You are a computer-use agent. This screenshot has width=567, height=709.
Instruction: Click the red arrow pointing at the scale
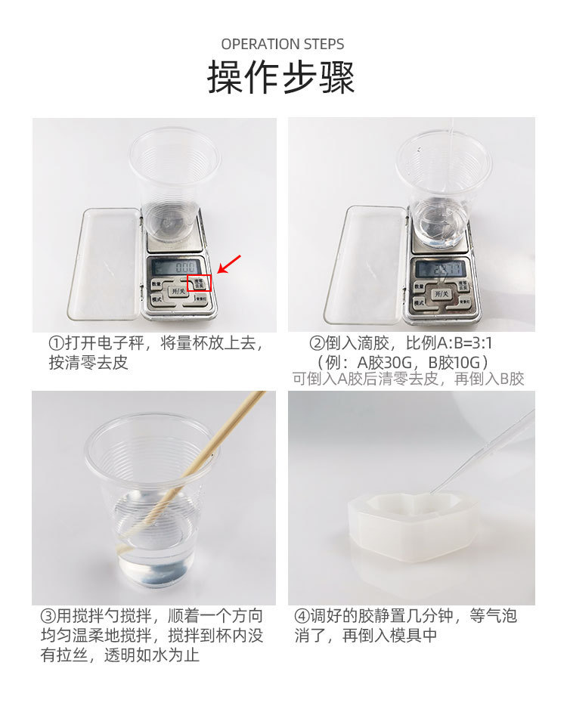pyautogui.click(x=229, y=264)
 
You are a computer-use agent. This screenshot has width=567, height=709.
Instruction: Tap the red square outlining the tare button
pyautogui.click(x=200, y=282)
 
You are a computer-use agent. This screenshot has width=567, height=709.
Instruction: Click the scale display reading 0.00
pyautogui.click(x=175, y=266)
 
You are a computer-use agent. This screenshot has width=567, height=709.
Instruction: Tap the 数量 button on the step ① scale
pyautogui.click(x=156, y=285)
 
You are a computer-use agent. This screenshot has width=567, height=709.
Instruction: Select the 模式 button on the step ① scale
pyautogui.click(x=156, y=299)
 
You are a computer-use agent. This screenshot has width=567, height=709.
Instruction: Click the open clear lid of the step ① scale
pyautogui.click(x=104, y=263)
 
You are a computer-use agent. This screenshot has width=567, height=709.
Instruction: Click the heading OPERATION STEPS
pyautogui.click(x=283, y=45)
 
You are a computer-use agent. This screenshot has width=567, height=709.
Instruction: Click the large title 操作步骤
pyautogui.click(x=282, y=78)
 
